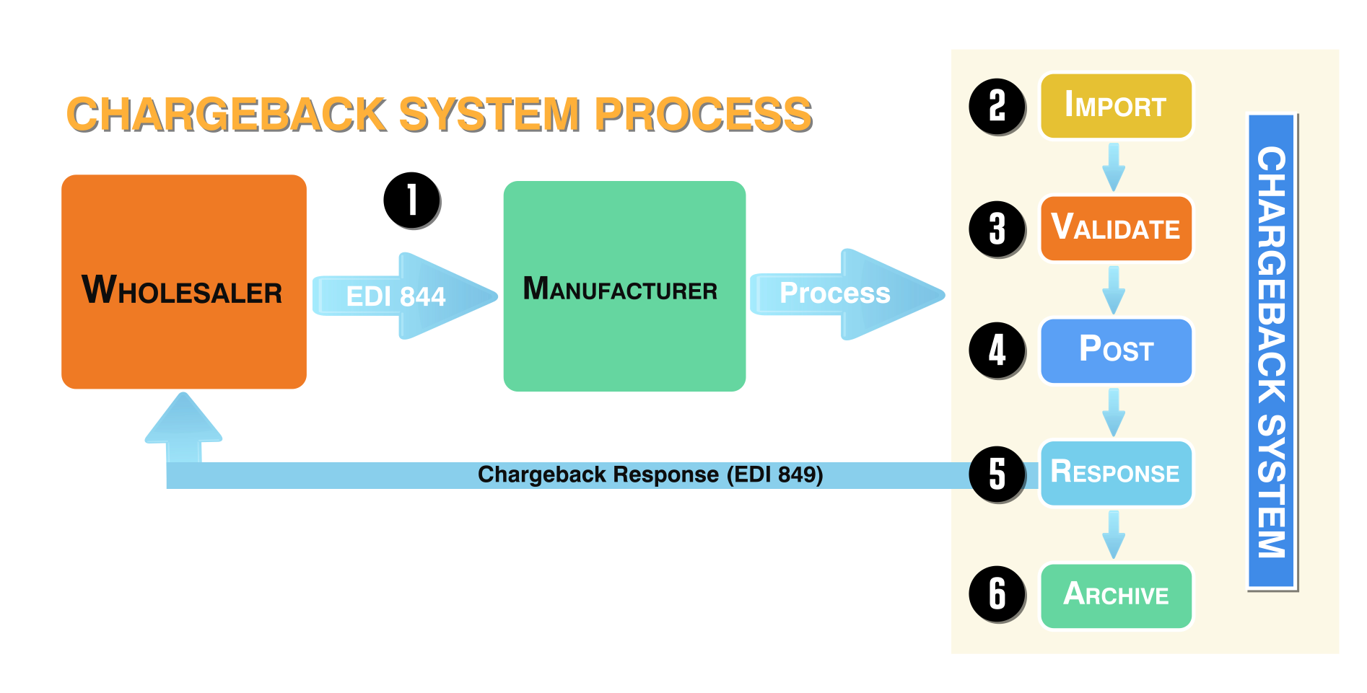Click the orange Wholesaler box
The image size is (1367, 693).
[183, 282]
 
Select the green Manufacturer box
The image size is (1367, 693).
[624, 286]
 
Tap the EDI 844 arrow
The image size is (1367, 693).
[404, 296]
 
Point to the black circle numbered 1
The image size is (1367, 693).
[411, 200]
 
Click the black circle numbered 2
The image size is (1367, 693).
[997, 106]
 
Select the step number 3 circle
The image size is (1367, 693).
[997, 229]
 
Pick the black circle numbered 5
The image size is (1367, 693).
[997, 474]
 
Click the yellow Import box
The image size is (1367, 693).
[1115, 106]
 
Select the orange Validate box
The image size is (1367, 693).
[1115, 229]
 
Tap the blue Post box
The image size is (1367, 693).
[1115, 350]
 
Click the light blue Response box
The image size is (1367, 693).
[1115, 473]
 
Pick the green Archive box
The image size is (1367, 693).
[1115, 596]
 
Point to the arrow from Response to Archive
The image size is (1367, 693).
[1114, 534]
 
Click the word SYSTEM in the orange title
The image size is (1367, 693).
[490, 115]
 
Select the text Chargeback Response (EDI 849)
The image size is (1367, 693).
[650, 474]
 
